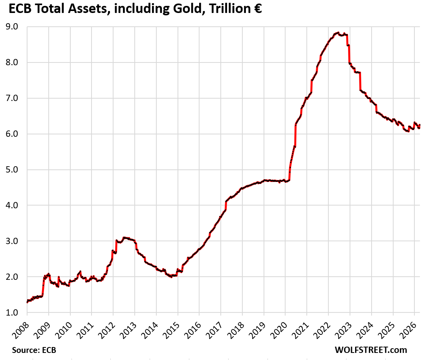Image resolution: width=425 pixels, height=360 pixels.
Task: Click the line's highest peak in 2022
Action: (338, 33)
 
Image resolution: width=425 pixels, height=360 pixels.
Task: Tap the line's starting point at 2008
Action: (27, 302)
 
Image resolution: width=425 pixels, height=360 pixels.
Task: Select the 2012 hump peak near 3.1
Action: (125, 237)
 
